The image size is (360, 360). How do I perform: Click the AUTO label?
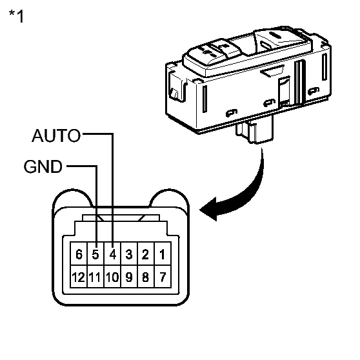tap(56, 135)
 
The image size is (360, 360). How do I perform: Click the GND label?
tap(43, 166)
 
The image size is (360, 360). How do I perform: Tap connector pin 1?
tap(163, 254)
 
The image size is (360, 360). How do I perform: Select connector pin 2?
tap(146, 254)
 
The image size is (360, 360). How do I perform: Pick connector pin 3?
tap(129, 254)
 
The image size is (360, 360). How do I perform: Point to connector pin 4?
tap(112, 254)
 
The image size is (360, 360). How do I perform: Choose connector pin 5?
tap(95, 254)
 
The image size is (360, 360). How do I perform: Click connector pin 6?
tap(79, 254)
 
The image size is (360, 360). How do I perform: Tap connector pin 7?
tap(163, 276)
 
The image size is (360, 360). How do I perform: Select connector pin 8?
tap(146, 276)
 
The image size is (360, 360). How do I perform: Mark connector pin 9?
tap(129, 276)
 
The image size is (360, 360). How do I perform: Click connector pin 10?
tap(112, 276)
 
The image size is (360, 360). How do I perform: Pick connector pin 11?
tap(95, 276)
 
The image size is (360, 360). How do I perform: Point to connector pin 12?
tap(79, 276)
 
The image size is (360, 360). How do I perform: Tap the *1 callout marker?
tap(16, 16)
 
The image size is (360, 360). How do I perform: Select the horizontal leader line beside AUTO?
tap(98, 134)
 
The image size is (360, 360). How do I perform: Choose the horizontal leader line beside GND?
tap(82, 166)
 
